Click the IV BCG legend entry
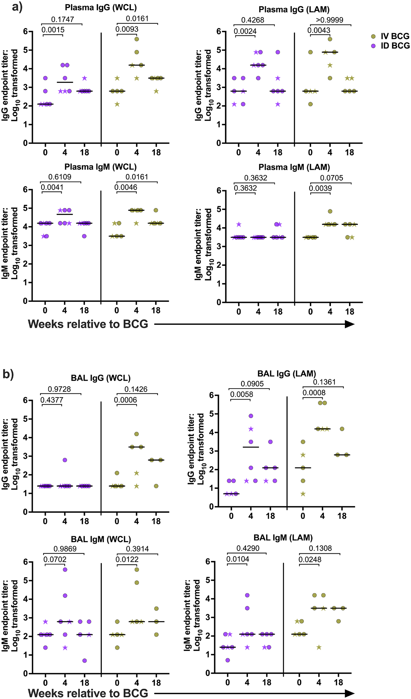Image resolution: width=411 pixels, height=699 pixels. click(x=391, y=36)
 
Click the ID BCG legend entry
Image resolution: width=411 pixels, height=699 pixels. click(x=391, y=46)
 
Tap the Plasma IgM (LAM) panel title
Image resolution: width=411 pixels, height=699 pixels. click(x=294, y=167)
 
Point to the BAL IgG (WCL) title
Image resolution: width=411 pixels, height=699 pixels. click(x=101, y=378)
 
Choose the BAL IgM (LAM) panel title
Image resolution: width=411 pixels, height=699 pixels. click(x=283, y=538)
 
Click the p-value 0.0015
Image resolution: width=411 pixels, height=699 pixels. click(x=53, y=30)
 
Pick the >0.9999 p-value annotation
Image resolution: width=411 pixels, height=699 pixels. click(x=329, y=20)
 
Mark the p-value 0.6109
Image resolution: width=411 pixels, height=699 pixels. click(x=60, y=177)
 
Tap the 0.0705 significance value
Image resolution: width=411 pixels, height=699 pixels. click(x=332, y=178)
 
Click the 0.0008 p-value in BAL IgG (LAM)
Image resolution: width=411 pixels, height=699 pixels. click(x=314, y=393)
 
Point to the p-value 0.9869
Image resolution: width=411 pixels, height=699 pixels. click(x=65, y=549)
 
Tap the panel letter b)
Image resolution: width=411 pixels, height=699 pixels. click(x=8, y=374)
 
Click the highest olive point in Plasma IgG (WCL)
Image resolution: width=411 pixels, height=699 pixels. click(x=137, y=39)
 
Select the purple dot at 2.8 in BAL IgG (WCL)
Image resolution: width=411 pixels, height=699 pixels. click(x=65, y=460)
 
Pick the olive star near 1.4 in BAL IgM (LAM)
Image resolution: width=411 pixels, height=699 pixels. click(x=319, y=647)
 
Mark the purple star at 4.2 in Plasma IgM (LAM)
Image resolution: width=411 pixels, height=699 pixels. click(x=239, y=224)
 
